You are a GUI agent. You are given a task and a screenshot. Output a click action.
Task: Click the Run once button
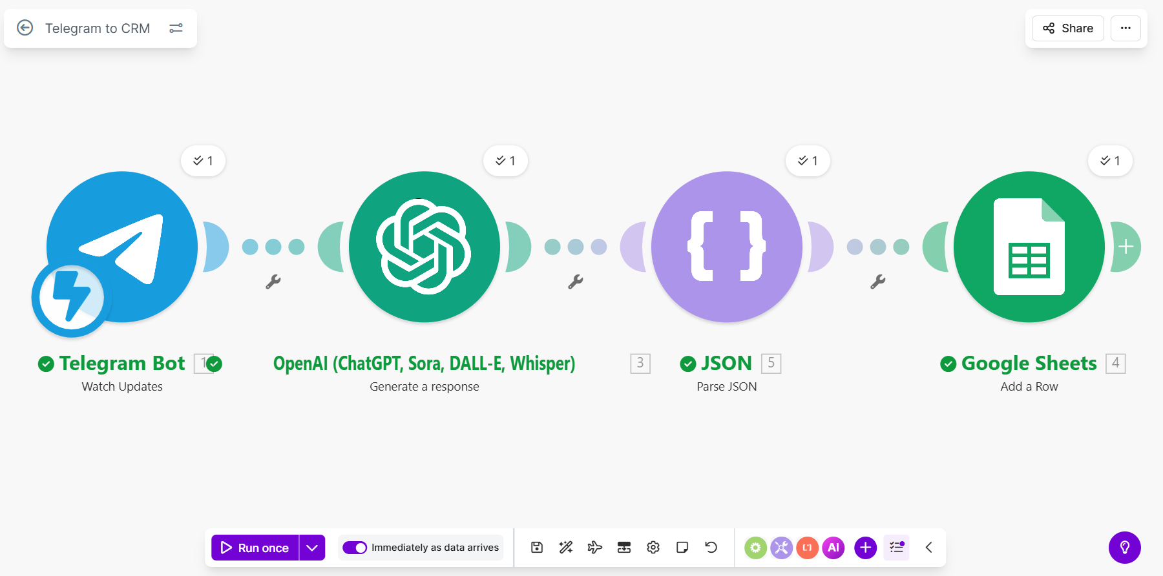255,548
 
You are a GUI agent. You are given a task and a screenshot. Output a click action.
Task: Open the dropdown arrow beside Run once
312,548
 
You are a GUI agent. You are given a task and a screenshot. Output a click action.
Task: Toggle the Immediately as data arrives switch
355,548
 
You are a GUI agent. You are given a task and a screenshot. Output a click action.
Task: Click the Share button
1067,28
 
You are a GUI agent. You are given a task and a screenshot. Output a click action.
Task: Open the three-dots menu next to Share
1126,28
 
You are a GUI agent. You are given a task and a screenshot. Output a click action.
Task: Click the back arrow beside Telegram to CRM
25,28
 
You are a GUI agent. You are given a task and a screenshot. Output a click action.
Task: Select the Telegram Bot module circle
122,247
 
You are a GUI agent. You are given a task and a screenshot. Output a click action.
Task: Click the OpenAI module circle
424,247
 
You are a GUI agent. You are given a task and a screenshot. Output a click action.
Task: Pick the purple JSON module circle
727,247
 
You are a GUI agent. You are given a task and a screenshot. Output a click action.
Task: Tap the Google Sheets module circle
1029,247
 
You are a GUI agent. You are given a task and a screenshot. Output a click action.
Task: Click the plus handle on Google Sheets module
1126,247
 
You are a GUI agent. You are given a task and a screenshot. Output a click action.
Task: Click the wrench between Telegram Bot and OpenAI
273,282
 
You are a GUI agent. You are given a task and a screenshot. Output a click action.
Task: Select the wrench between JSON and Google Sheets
878,282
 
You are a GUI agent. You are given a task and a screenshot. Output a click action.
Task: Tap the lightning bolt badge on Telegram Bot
71,298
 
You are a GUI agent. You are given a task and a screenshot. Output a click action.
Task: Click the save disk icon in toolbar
537,548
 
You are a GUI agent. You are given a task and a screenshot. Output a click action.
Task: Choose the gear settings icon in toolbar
653,548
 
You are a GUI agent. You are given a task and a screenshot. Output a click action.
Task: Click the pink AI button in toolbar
833,548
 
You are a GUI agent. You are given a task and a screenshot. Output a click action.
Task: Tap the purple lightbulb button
1125,548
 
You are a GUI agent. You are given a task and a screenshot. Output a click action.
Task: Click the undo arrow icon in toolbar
711,548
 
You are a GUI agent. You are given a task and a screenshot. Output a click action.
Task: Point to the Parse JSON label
727,387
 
